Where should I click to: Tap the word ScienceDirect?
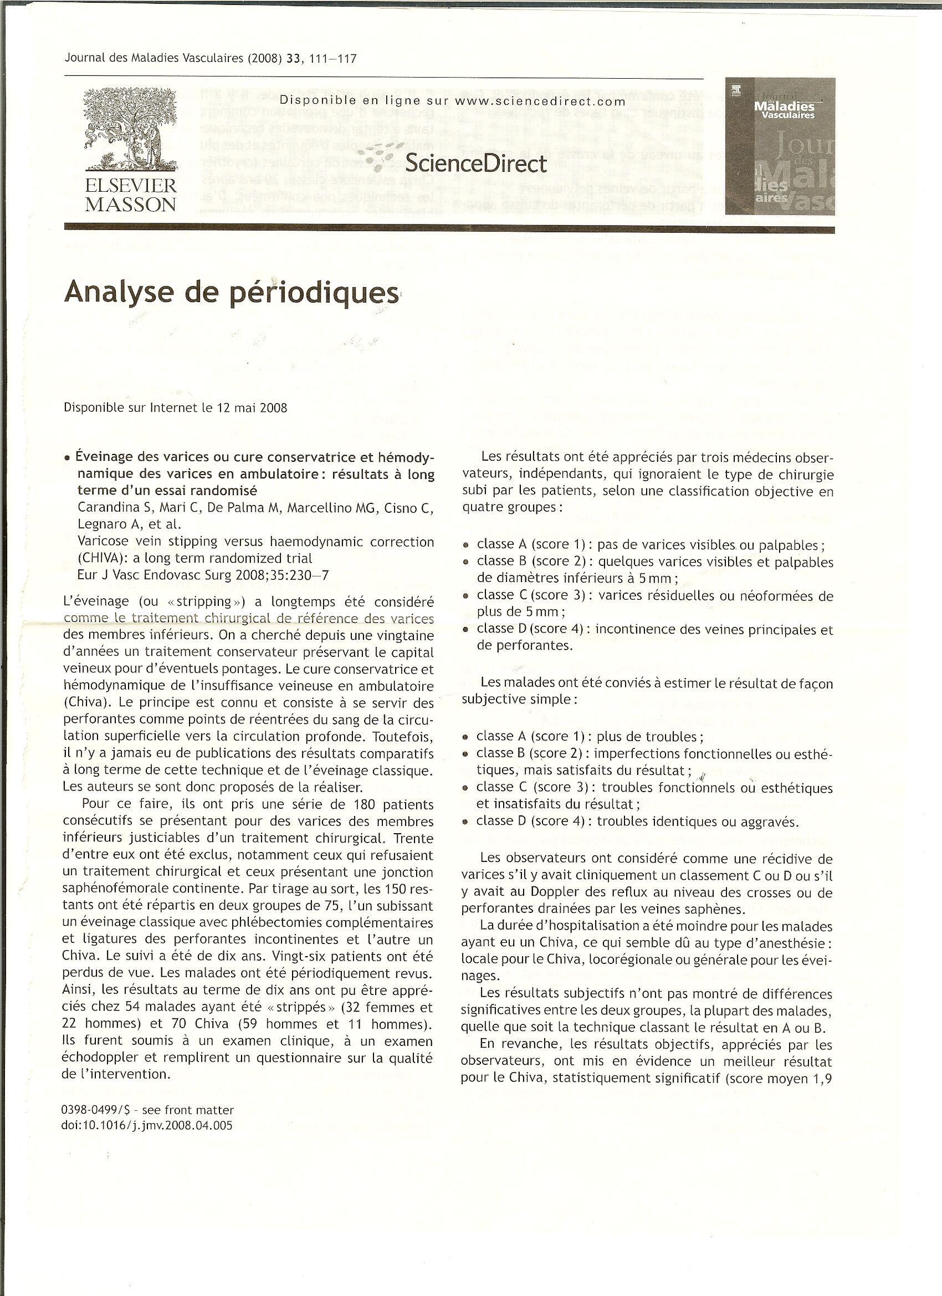[475, 164]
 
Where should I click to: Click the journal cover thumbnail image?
[780, 146]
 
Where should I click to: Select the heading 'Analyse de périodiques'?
[232, 293]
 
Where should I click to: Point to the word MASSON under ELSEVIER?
[131, 205]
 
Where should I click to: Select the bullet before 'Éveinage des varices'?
[68, 458]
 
